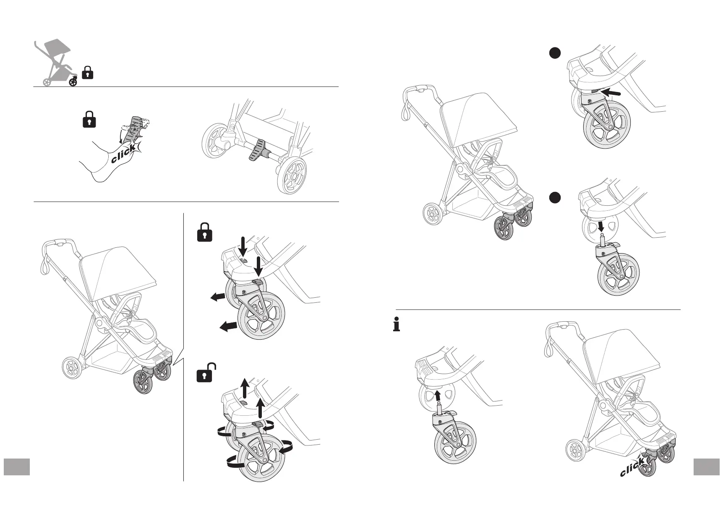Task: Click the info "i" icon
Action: point(396,325)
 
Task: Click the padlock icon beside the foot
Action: point(89,119)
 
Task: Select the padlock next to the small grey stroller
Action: point(87,73)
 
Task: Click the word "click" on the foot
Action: point(123,154)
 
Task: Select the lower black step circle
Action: point(555,197)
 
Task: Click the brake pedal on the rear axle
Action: point(257,152)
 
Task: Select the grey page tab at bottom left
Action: point(17,467)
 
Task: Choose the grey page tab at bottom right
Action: point(707,467)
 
